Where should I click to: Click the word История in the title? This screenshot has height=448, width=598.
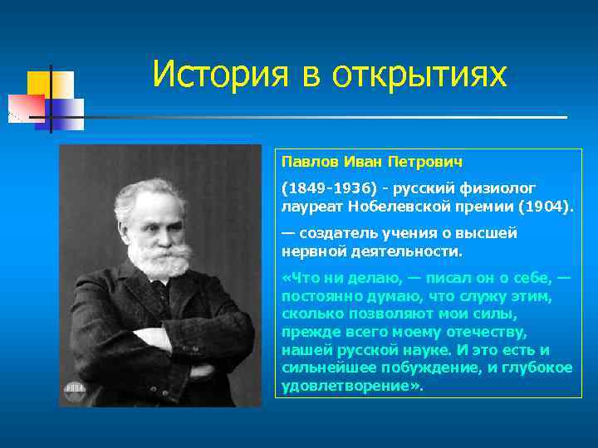(217, 75)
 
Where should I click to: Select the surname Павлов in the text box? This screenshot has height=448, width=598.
(306, 160)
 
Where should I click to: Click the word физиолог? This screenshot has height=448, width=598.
(502, 188)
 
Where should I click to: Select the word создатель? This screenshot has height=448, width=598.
(339, 233)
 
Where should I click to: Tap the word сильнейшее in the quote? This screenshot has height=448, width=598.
(323, 368)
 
